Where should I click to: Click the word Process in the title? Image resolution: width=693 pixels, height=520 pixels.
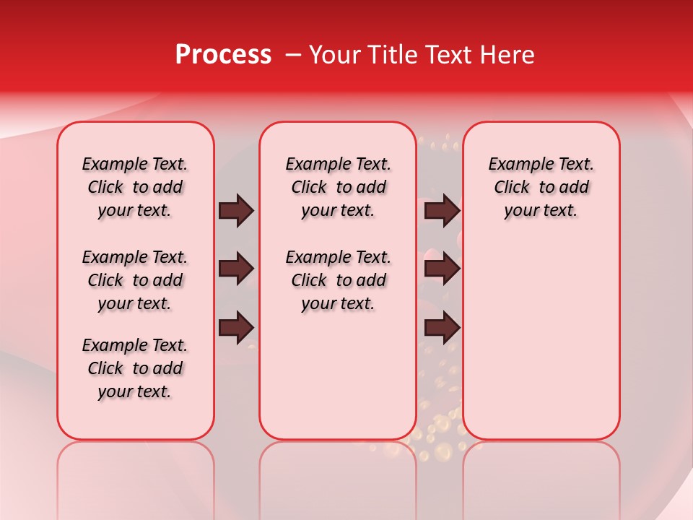tap(223, 55)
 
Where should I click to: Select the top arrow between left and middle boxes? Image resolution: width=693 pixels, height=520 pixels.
tap(236, 211)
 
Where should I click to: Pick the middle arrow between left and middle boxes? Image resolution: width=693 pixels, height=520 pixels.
tap(236, 269)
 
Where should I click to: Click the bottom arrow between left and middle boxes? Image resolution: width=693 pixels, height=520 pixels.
tap(236, 328)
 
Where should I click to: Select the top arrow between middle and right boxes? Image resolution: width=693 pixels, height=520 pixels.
tap(442, 211)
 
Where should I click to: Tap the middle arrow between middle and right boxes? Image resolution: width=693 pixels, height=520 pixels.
tap(442, 269)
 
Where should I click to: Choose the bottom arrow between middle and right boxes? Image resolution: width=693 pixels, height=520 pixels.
tap(442, 328)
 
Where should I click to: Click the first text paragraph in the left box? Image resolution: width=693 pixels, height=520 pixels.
tap(135, 187)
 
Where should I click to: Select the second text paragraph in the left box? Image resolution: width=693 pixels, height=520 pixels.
tap(135, 280)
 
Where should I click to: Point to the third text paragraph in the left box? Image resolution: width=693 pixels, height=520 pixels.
tap(135, 368)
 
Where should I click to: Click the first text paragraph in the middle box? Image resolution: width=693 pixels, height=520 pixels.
tap(339, 187)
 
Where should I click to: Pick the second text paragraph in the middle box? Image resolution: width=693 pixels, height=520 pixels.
tap(339, 280)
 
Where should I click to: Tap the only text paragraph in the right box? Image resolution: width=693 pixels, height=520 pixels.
tap(541, 187)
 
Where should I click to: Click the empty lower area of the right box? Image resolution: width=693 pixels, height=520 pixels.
tap(541, 339)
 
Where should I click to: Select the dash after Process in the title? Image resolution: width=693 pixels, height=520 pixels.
tap(293, 55)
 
